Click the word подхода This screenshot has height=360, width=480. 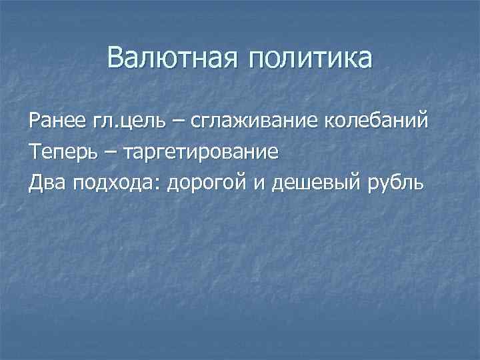click(114, 183)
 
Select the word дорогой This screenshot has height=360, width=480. click(208, 183)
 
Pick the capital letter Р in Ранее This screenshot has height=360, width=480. click(34, 123)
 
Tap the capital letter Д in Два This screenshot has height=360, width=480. click(35, 182)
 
